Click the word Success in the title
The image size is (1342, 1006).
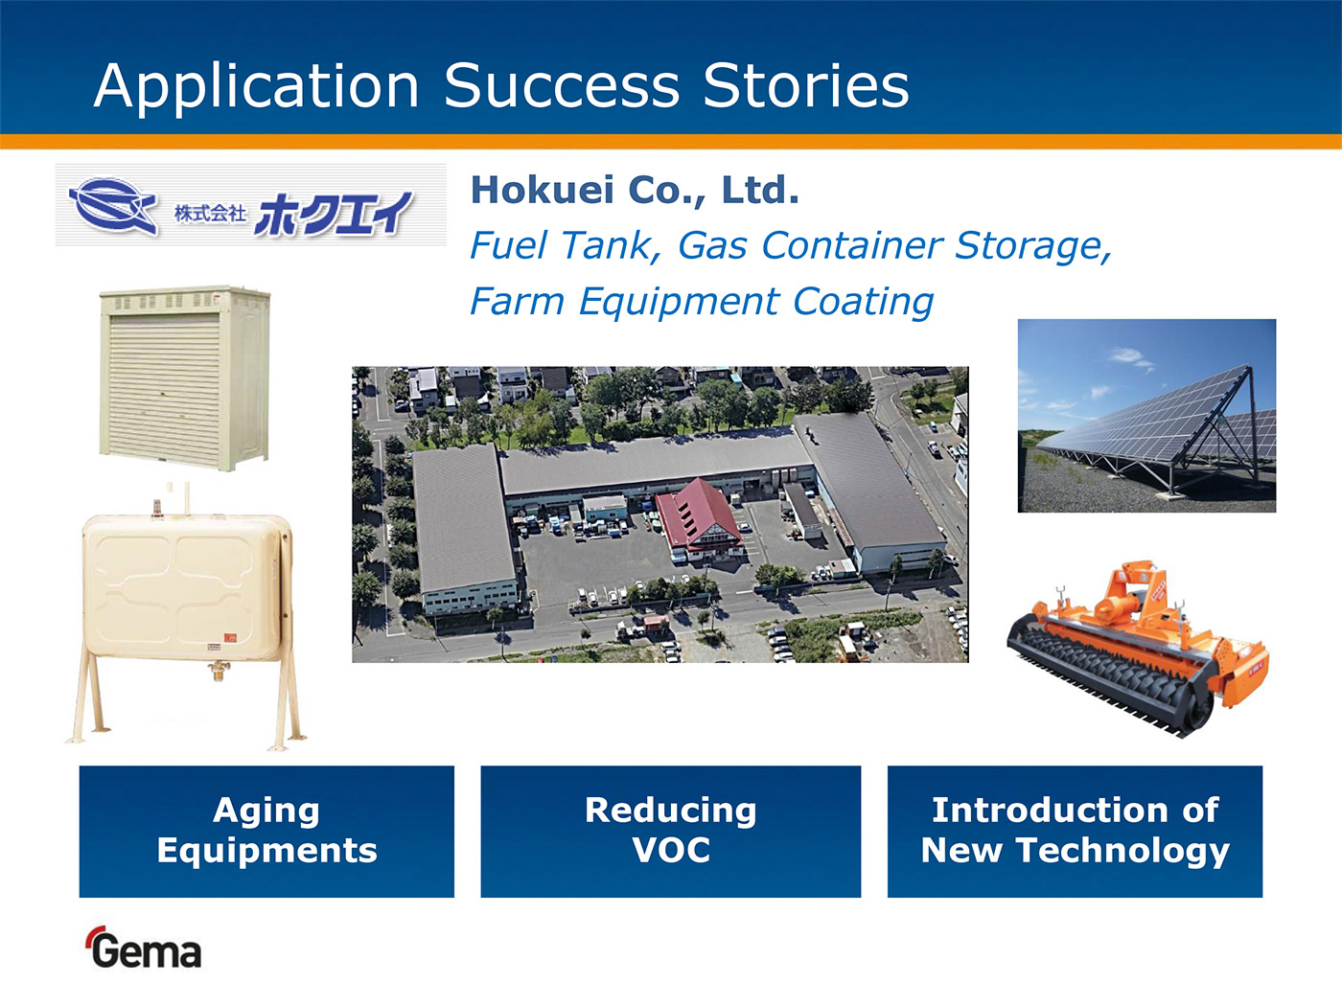(562, 85)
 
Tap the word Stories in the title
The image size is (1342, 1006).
(806, 85)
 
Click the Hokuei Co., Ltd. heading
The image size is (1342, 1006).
(635, 190)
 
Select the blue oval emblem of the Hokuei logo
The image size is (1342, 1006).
(113, 205)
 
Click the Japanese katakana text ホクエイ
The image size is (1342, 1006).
(334, 214)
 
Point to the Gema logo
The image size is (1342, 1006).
(145, 948)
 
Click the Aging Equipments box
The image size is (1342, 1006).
(266, 832)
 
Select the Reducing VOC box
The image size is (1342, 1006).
(671, 832)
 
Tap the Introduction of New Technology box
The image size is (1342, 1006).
(1075, 832)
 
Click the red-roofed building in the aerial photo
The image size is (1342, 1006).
(698, 519)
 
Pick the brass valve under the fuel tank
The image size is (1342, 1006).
(219, 670)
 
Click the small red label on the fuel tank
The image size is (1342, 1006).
(230, 637)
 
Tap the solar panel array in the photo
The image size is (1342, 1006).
(1155, 422)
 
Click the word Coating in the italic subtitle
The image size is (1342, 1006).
(864, 303)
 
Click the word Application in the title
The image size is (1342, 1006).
(257, 87)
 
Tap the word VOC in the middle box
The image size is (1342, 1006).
(671, 850)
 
